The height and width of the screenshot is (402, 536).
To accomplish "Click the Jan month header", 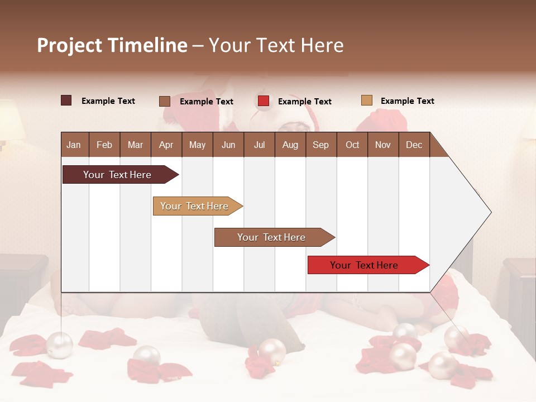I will coord(74,145).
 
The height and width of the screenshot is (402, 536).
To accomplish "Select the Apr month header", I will coord(166,145).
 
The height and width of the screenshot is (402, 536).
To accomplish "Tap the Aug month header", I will coord(290,145).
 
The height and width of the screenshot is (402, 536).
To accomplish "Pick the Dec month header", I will coord(414,145).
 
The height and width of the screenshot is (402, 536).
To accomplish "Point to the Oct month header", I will coord(352,145).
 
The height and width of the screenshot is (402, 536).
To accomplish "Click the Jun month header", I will coord(228,145).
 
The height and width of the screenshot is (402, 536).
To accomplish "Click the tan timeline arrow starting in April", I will coord(195,206).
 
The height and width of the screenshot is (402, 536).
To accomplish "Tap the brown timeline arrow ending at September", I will coord(272,237).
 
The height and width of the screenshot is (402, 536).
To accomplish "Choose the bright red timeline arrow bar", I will coord(366,265).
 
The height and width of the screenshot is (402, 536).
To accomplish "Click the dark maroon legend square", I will coord(66,100).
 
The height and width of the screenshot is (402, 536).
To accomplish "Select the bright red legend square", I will coord(264,101).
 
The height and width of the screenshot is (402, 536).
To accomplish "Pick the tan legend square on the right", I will coord(366,100).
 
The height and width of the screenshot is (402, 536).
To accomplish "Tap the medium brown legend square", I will coord(164,101).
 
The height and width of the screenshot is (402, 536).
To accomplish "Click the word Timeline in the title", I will coord(147,45).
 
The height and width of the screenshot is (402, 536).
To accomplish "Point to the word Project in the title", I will coord(69,45).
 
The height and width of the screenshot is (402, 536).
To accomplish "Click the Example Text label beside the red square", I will coord(304,102).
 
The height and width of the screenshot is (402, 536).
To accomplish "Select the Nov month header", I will coord(382,145).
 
